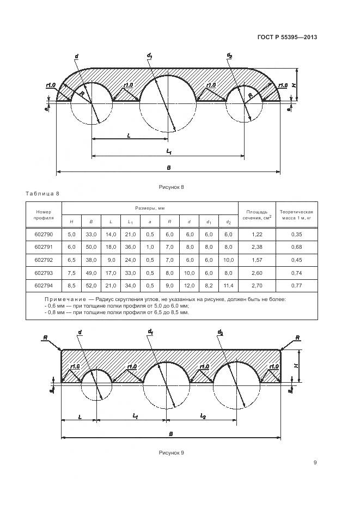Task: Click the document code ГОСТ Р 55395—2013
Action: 287,38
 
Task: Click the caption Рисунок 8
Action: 172,187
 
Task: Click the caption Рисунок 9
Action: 172,452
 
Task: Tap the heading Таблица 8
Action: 42,194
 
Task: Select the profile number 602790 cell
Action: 44,235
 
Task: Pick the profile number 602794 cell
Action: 44,285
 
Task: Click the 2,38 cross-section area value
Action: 257,247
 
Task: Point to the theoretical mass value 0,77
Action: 296,285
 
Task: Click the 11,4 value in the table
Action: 228,285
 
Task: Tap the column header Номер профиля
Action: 44,214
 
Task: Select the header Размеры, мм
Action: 150,208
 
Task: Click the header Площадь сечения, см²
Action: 257,214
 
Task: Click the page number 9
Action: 315,463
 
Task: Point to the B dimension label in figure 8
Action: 168,167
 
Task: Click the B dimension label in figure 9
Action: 170,433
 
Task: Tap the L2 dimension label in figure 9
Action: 203,416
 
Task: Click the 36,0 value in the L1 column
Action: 130,247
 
